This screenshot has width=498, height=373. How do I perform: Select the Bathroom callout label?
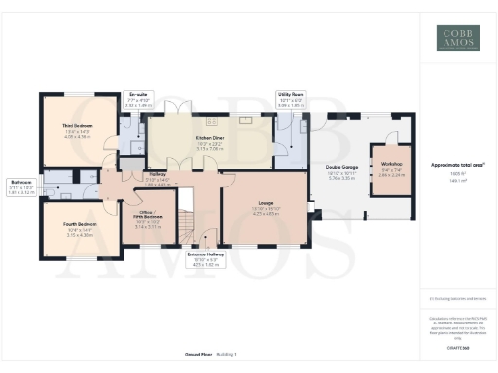point(21,182)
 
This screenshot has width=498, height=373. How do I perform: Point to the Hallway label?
point(157,175)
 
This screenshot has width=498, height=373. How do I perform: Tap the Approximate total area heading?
point(457,164)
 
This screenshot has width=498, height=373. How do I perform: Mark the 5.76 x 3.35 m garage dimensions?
point(339,180)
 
